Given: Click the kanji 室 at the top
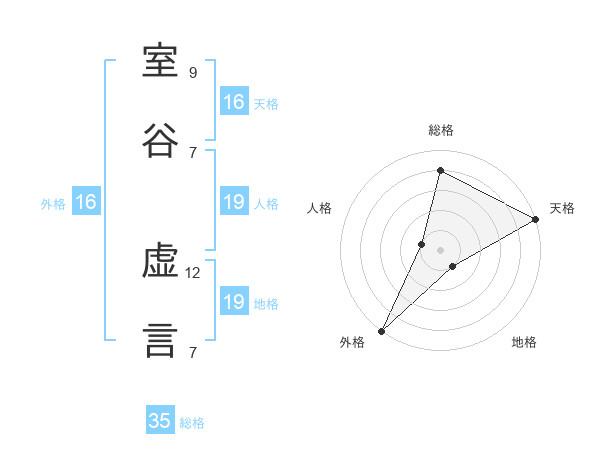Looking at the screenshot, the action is [x=160, y=61].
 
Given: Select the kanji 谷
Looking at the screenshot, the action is [x=160, y=140].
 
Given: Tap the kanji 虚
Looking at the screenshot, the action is [x=160, y=261].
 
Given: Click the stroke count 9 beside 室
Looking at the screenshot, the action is [x=193, y=72].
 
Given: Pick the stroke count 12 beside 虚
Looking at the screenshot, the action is [x=192, y=273].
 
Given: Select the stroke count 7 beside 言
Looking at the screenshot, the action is [x=193, y=352].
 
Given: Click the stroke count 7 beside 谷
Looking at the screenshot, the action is [x=193, y=153].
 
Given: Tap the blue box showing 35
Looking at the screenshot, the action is [x=160, y=419].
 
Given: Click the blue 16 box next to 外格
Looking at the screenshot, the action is [x=86, y=201].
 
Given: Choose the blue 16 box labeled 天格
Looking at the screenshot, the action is [x=235, y=101].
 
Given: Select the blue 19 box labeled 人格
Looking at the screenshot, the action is [x=235, y=201].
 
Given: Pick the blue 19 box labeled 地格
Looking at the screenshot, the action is [x=235, y=300].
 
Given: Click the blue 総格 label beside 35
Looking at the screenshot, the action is [x=192, y=423].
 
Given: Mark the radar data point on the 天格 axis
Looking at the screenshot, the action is [x=536, y=219].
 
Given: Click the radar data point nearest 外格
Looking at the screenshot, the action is [x=382, y=331].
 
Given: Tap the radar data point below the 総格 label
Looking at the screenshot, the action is [x=440, y=170].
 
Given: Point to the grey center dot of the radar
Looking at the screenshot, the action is [x=440, y=250].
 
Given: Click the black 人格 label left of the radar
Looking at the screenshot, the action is [x=319, y=208].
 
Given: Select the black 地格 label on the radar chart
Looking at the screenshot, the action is [x=524, y=342].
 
